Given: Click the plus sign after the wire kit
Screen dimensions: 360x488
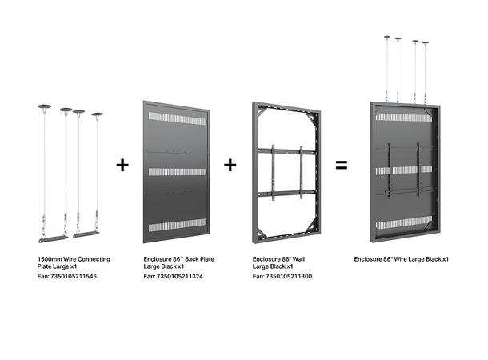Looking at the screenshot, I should [122, 165].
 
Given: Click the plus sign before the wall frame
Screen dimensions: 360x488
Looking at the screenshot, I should [230, 165].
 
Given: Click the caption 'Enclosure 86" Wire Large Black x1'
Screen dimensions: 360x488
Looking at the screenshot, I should [401, 260].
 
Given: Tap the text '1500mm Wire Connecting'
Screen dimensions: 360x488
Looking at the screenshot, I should [74, 260].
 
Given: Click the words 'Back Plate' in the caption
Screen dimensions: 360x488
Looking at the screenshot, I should [199, 260].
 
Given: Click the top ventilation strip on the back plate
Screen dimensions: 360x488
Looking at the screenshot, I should [177, 118].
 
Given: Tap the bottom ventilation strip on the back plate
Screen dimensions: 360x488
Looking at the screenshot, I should [177, 224].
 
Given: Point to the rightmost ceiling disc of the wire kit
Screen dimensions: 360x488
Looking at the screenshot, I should [97, 115].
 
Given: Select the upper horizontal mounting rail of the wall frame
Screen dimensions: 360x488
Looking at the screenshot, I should [286, 151].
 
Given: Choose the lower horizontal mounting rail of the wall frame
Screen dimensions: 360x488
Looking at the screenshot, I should [286, 193].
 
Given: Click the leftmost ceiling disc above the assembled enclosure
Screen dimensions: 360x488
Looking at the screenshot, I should [386, 37].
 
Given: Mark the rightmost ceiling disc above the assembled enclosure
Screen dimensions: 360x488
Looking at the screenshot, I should [425, 43].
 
